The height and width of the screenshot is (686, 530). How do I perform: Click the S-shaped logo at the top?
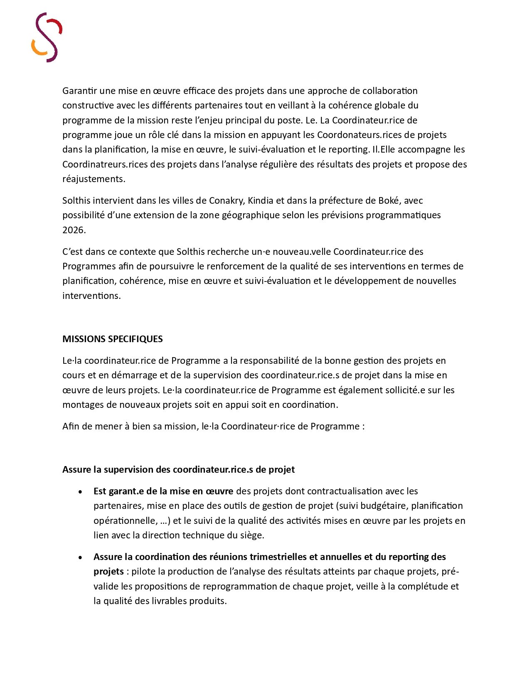47,37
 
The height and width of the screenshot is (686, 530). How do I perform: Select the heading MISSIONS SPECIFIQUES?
112,339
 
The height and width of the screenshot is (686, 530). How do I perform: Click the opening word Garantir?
80,91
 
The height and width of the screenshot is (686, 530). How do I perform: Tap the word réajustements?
94,179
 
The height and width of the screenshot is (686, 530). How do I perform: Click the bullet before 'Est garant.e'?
80,492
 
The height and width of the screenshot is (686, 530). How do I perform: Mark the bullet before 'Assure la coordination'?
80,558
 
